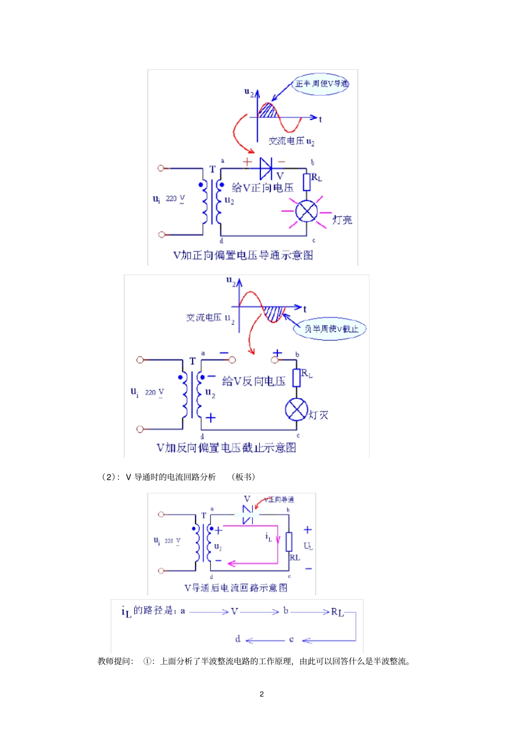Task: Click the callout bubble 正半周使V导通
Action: [x=321, y=84]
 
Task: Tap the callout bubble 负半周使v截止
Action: [x=331, y=329]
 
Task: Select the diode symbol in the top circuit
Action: [x=266, y=168]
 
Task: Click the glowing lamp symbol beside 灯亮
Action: [x=307, y=211]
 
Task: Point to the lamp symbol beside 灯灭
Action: [x=296, y=409]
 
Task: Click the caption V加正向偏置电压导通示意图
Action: [x=243, y=255]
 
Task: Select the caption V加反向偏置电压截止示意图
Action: [x=226, y=448]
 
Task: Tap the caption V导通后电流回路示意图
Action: [x=236, y=588]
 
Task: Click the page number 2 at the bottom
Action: [x=261, y=694]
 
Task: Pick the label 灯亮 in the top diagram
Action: [x=342, y=220]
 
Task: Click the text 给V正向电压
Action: [x=263, y=188]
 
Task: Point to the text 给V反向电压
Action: [x=254, y=381]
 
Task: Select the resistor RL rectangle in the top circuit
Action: [x=307, y=182]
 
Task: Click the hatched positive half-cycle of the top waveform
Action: [x=268, y=111]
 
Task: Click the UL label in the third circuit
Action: [x=308, y=546]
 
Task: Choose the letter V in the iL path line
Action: [x=235, y=611]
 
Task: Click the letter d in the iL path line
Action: [x=237, y=639]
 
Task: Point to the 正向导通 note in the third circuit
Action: [x=279, y=500]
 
